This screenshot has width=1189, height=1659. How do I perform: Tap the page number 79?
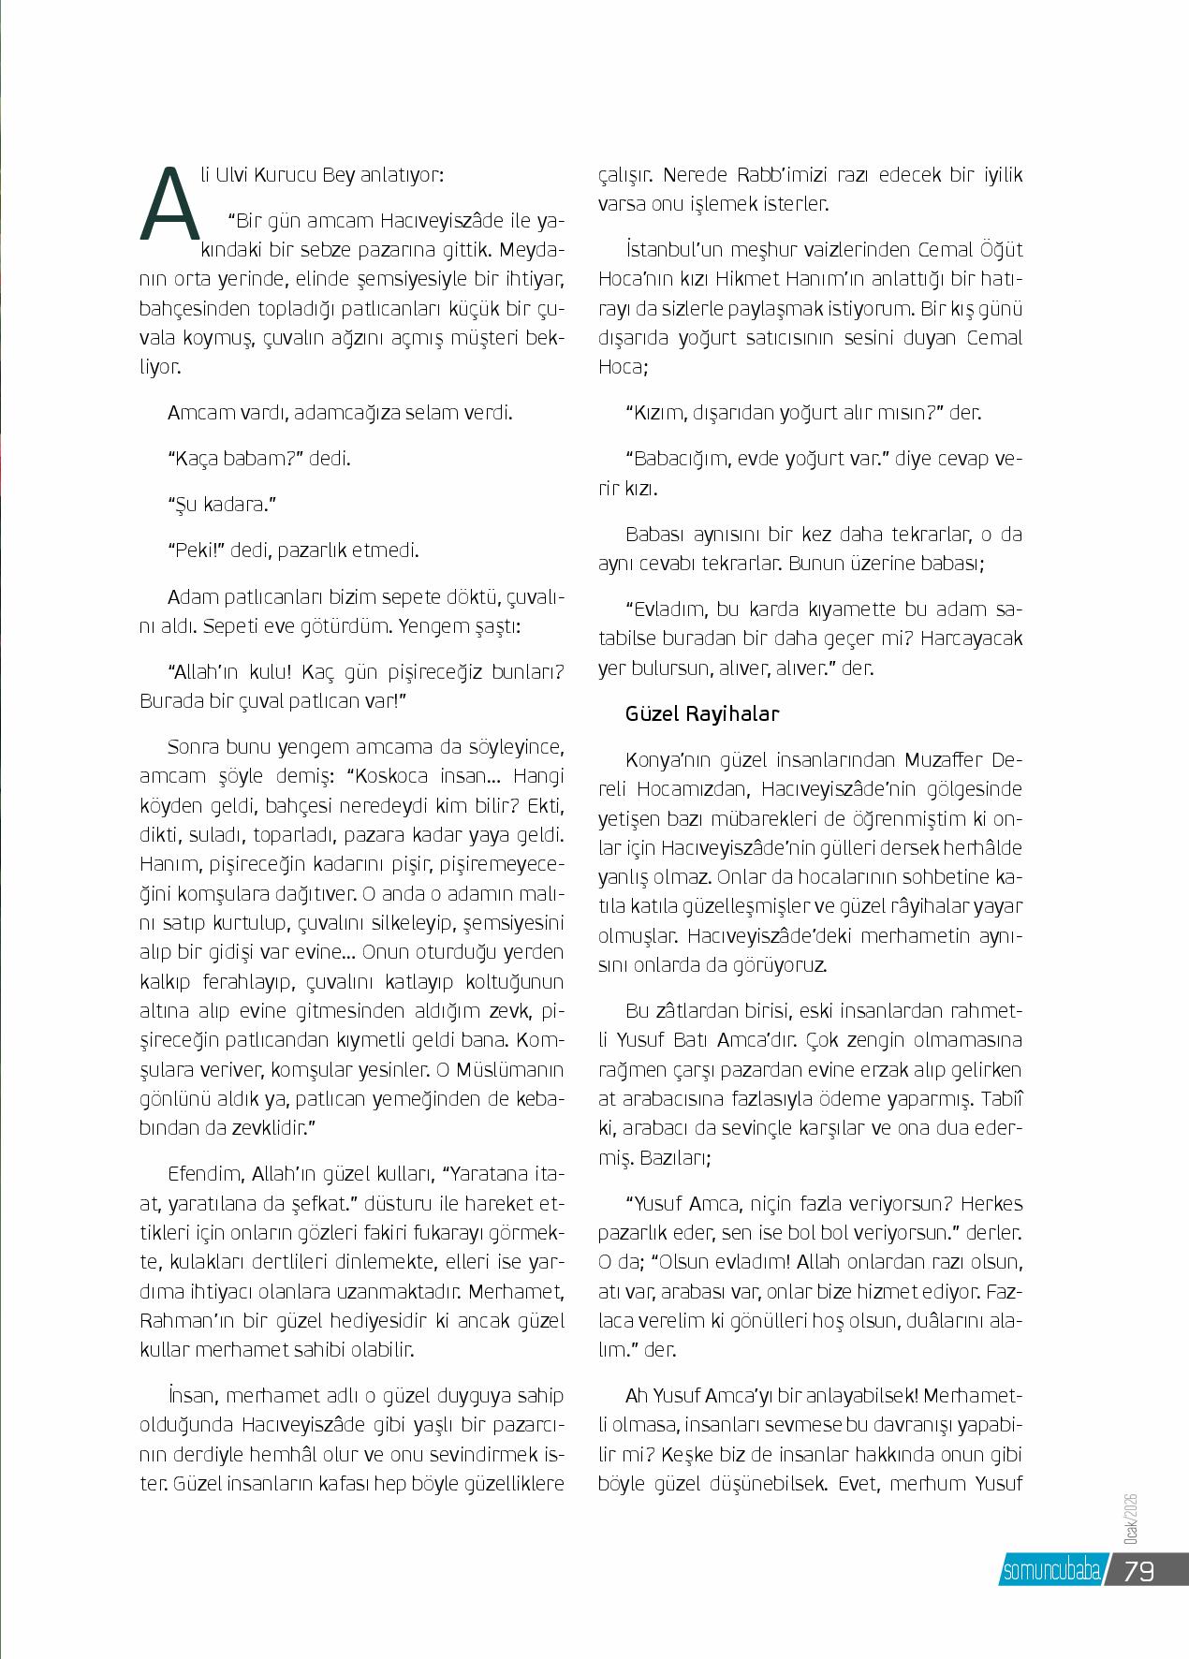click(x=1138, y=1570)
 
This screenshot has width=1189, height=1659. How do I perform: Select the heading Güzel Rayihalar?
click(x=702, y=714)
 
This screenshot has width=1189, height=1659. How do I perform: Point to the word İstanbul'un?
click(x=670, y=250)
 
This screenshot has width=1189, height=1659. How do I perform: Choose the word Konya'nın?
click(x=668, y=759)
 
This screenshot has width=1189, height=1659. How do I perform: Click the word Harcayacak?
click(x=971, y=639)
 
